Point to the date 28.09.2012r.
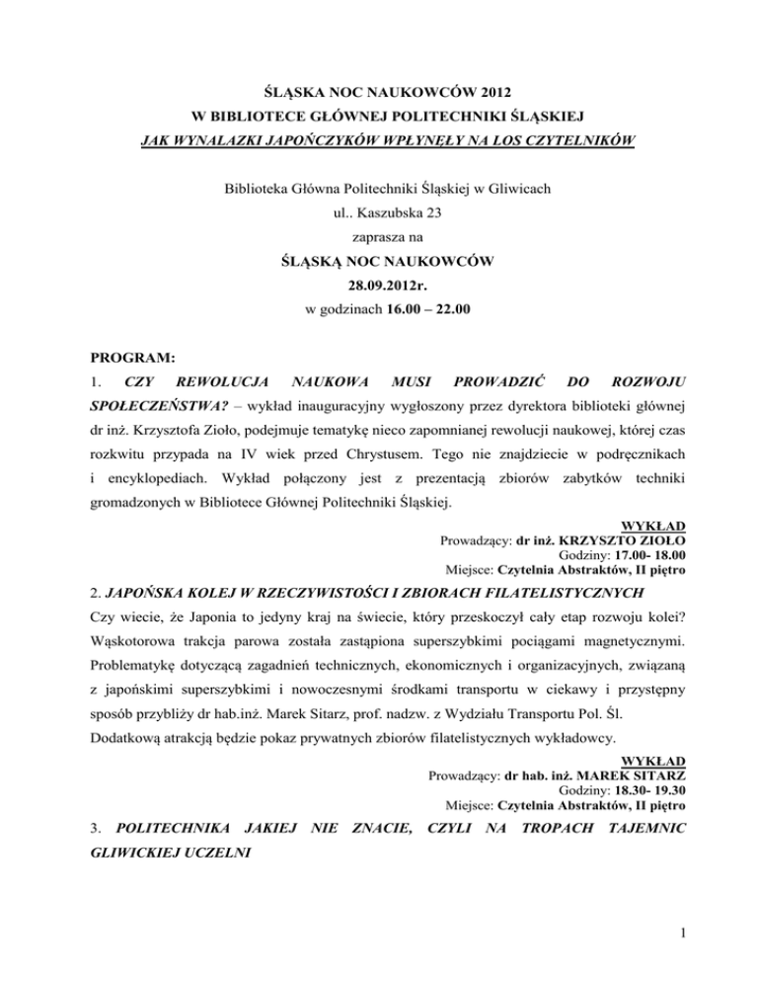[379, 286]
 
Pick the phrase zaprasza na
[378, 236]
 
